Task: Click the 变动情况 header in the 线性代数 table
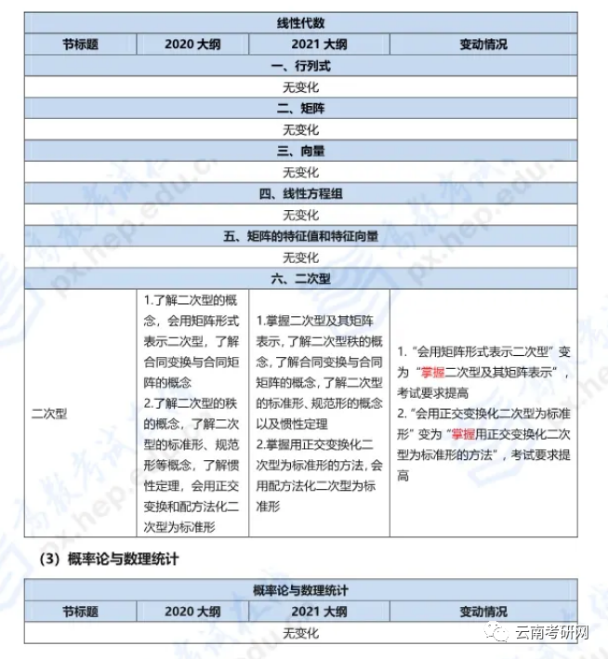click(x=483, y=44)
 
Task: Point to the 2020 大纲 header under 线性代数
click(x=192, y=44)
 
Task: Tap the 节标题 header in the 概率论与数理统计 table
click(x=81, y=611)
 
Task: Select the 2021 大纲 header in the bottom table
click(x=319, y=611)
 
